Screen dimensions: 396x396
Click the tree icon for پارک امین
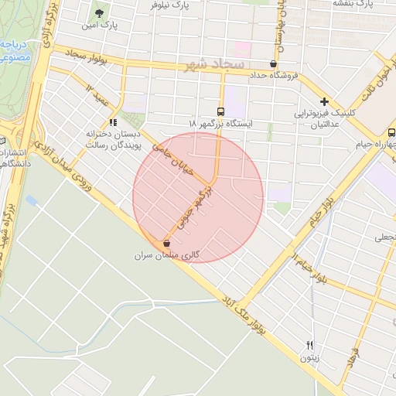99,13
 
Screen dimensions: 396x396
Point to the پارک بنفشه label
354,4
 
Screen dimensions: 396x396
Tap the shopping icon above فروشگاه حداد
273,64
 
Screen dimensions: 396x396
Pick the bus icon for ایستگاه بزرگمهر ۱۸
222,111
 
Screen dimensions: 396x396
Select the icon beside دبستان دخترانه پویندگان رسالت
113,121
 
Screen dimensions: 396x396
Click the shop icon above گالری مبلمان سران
167,243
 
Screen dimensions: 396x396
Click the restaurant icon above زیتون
309,345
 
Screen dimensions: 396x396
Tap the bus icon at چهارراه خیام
391,132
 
